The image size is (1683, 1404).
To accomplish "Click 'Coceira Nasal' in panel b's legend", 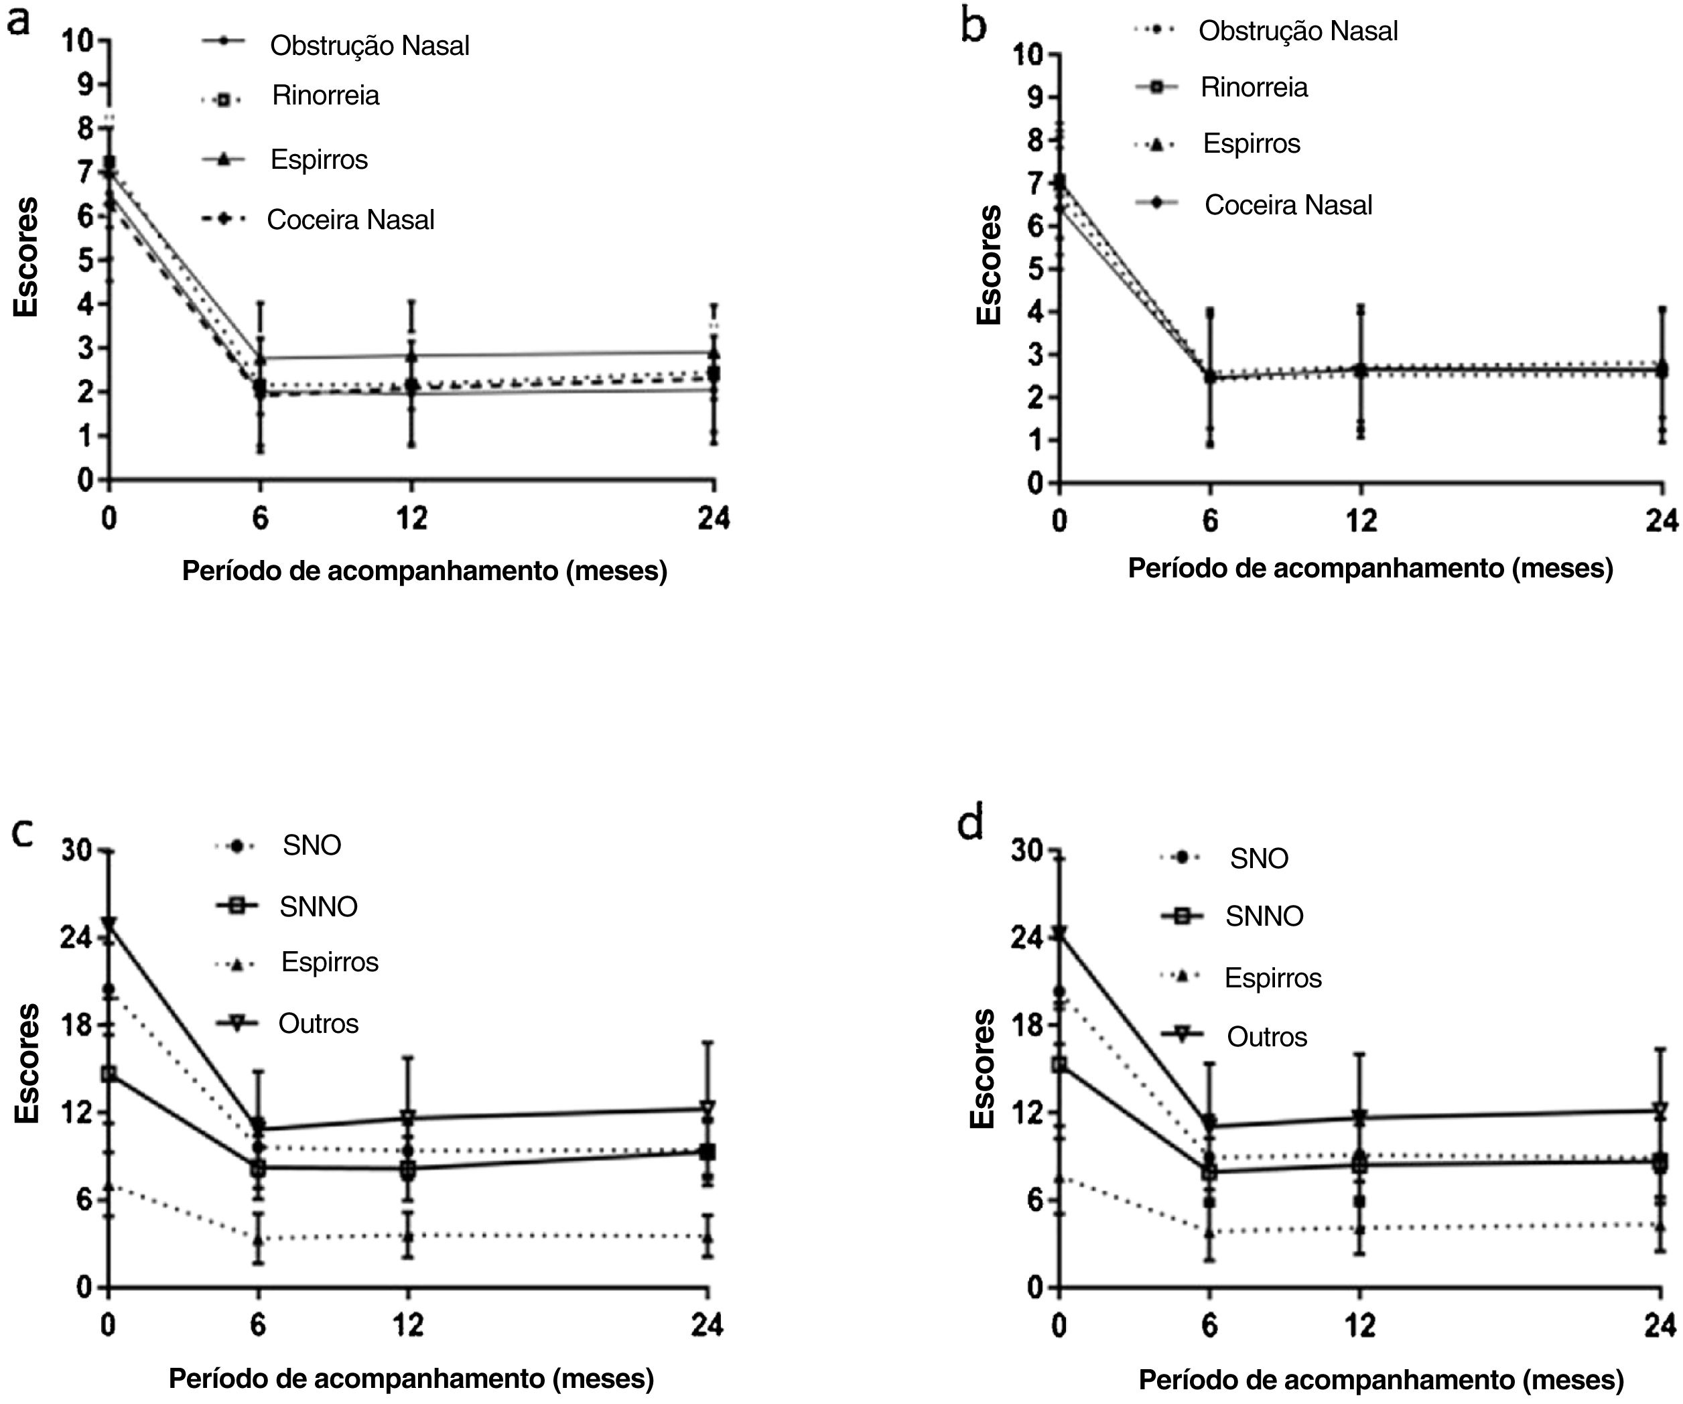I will coord(1288,205).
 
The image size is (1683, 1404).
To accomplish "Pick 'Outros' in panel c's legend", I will coord(318,1024).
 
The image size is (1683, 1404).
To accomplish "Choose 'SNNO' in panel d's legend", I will coord(1264,916).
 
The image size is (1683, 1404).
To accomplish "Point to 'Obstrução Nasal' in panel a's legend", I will coord(369,46).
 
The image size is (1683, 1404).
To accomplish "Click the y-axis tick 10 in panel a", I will coord(78,40).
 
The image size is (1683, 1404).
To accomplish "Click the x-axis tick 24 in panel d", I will coord(1660,1326).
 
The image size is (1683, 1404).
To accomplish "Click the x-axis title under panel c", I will coord(411,1379).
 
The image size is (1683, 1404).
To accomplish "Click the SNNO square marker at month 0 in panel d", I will coord(1059,1065).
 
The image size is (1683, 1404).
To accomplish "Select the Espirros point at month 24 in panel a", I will coord(714,352).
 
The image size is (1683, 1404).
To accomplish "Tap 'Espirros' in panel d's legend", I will coord(1273,978).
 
